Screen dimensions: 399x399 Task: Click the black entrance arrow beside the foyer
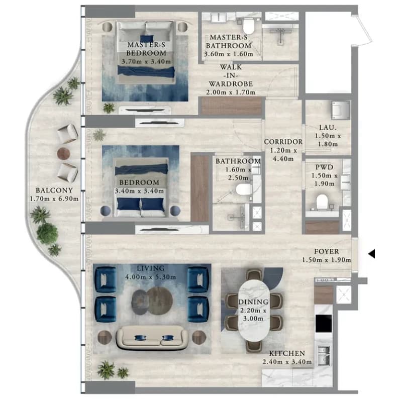372,254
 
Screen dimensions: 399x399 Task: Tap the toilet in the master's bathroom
249,26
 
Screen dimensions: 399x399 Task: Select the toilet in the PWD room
322,203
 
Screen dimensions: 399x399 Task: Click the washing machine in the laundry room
341,110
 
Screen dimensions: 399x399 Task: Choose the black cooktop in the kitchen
324,323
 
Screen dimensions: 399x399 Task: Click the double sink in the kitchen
324,355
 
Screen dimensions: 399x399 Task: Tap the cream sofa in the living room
152,337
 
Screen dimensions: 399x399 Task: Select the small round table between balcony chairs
63,153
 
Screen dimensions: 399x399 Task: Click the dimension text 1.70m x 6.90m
54,198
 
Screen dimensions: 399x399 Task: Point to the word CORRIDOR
283,142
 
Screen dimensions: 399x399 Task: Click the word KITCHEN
287,353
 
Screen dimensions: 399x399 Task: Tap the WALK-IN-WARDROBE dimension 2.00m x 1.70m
231,92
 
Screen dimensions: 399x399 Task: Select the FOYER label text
327,251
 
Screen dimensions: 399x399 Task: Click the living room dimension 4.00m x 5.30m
150,276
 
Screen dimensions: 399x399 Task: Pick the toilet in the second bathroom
243,189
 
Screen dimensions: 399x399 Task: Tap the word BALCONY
54,190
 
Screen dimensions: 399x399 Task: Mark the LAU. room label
328,127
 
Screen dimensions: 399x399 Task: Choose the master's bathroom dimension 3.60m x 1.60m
229,54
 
